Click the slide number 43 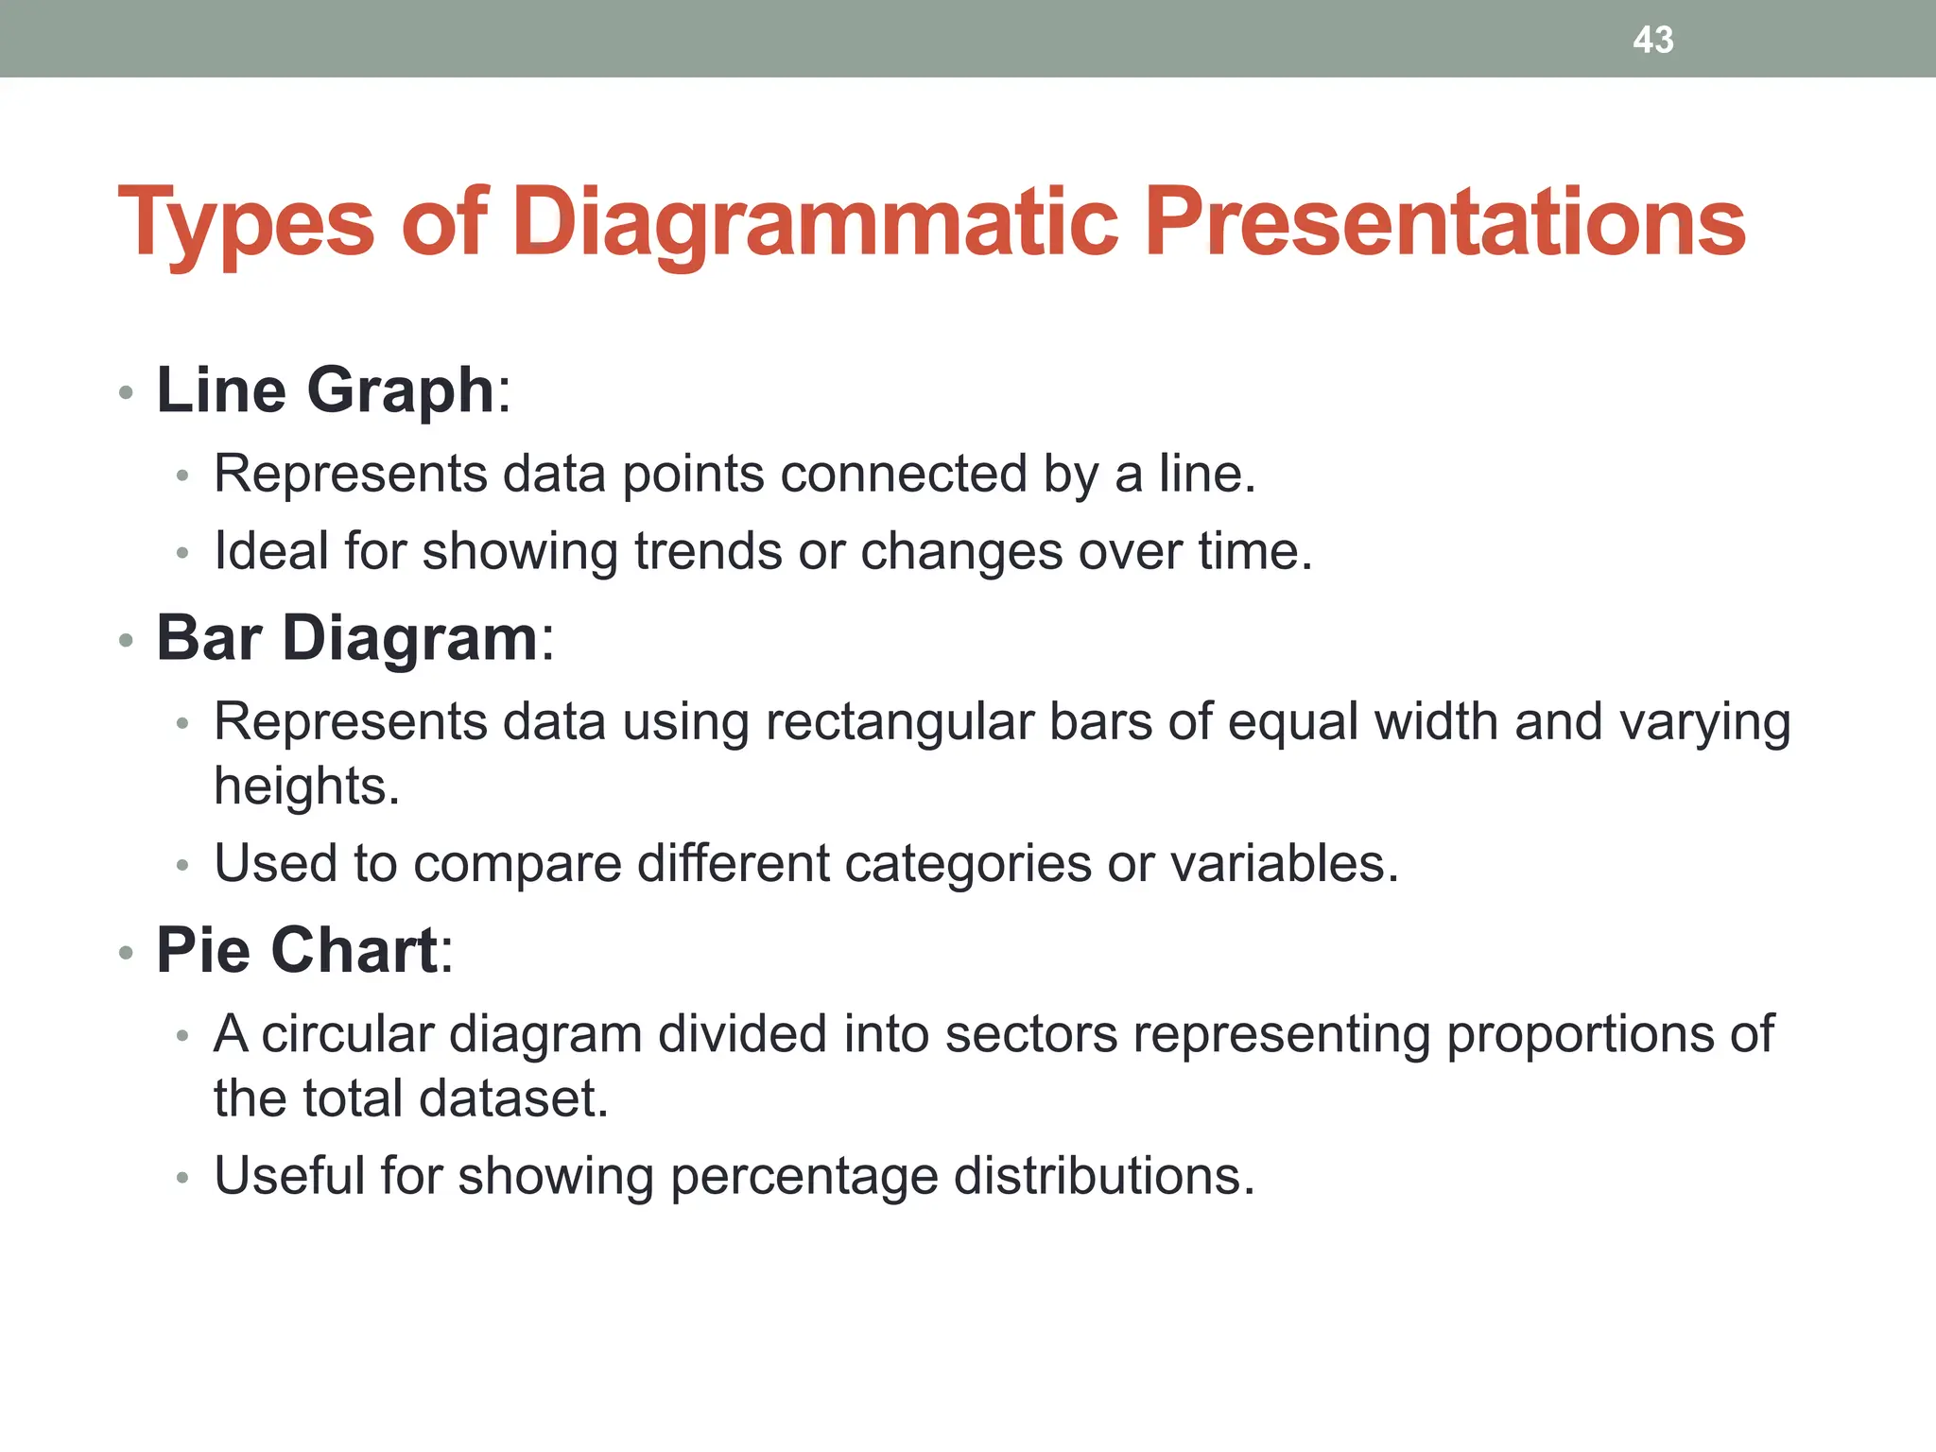(x=1652, y=40)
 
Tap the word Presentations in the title (x=1443, y=223)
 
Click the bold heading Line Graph (x=325, y=390)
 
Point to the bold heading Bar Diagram (x=347, y=638)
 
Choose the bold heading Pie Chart (x=297, y=950)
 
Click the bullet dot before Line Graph (x=126, y=393)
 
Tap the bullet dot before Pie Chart (x=126, y=953)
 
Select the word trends (x=708, y=551)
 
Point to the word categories (x=967, y=864)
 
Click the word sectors (x=1031, y=1034)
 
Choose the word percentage (x=804, y=1177)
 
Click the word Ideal (x=271, y=551)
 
